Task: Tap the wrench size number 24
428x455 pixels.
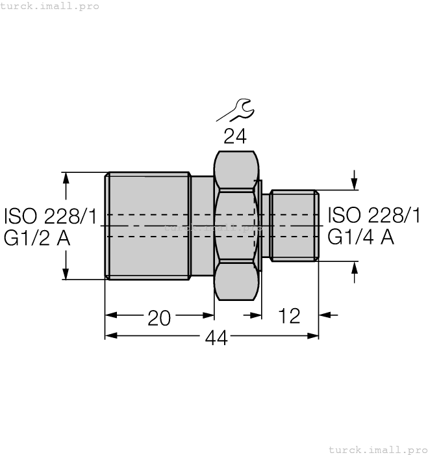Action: click(234, 136)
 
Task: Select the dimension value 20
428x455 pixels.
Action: click(159, 317)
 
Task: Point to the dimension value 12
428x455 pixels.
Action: click(289, 317)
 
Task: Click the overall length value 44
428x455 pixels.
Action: click(216, 337)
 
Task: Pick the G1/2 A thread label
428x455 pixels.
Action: click(37, 238)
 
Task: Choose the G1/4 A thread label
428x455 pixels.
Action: click(360, 237)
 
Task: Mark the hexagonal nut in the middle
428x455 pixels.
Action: click(236, 226)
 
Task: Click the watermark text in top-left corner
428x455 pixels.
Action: click(50, 6)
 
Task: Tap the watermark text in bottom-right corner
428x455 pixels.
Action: click(378, 449)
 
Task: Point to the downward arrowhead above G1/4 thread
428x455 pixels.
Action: click(354, 185)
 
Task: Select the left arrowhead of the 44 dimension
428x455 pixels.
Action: click(110, 336)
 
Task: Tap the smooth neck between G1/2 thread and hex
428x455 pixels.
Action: click(202, 226)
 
